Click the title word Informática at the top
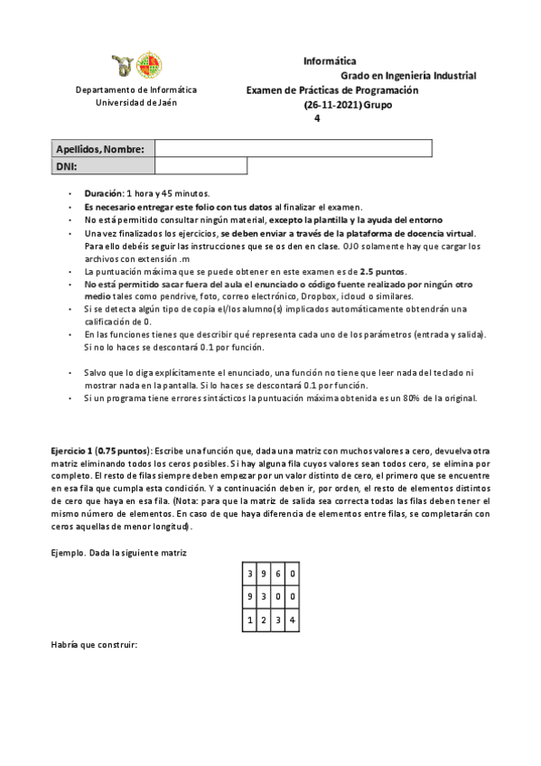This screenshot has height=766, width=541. (x=329, y=61)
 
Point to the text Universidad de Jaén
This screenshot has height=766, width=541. (x=136, y=103)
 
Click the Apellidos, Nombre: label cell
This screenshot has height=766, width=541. (x=101, y=148)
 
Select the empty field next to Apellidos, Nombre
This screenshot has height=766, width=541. (x=294, y=148)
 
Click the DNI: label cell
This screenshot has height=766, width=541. (x=101, y=166)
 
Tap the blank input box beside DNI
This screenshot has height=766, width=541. (x=201, y=166)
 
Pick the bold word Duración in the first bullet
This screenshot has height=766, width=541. (x=104, y=193)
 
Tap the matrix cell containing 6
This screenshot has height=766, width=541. (x=279, y=574)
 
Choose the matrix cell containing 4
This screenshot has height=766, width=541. (x=294, y=620)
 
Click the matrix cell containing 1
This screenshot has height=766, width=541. (x=249, y=620)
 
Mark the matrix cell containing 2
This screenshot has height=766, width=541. (x=264, y=620)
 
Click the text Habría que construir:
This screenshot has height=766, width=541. (x=95, y=645)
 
